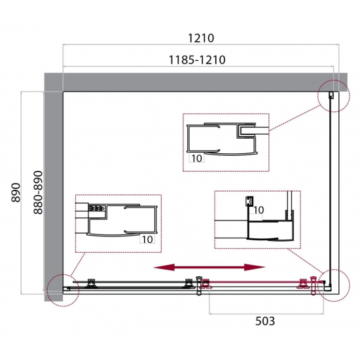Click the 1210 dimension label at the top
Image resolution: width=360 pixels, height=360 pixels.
pos(201,38)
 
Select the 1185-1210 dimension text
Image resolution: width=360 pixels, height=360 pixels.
pos(197,60)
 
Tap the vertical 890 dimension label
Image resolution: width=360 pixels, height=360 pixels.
pos(16,192)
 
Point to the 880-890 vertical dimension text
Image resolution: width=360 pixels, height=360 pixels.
pos(38,192)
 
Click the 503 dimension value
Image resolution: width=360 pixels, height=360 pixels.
pos(265,321)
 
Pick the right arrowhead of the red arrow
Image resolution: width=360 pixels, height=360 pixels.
pos(255,267)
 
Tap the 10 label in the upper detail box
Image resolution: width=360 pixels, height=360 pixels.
pos(196,158)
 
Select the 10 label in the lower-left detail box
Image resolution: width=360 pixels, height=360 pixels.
pos(147,240)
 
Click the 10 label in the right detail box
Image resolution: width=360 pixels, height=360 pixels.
pos(259,210)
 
